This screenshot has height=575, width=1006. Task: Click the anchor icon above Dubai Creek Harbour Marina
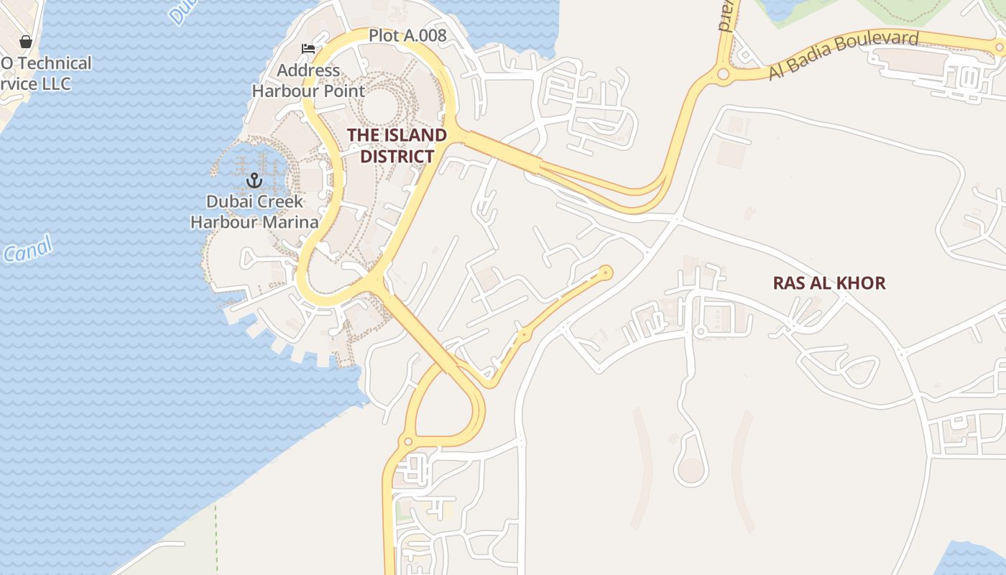tap(254, 180)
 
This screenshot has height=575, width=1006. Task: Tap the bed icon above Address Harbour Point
tap(308, 49)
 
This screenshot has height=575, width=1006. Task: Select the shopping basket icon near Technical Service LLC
tap(26, 42)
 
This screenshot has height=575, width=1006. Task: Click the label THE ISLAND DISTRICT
tap(397, 145)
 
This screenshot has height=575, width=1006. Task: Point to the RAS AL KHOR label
tap(829, 283)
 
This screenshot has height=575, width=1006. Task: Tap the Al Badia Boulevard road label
tap(844, 54)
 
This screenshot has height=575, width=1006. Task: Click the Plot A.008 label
tap(407, 35)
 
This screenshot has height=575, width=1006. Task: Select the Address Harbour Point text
tap(308, 80)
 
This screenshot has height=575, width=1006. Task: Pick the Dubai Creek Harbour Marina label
tap(254, 211)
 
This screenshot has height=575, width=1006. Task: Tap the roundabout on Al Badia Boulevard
tap(723, 73)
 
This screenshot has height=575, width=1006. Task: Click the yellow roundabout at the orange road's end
tap(606, 272)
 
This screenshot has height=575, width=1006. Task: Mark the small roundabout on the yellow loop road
tap(408, 441)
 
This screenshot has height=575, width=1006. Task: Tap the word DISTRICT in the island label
tap(397, 156)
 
